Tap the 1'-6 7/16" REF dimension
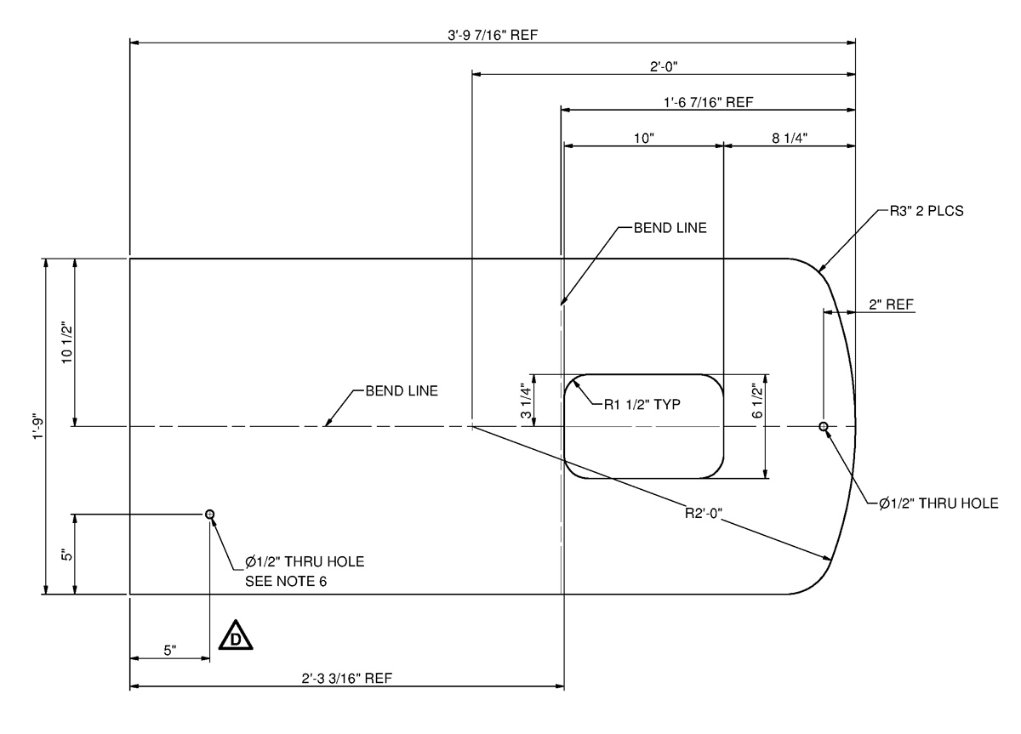tap(708, 102)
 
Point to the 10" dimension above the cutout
tap(643, 138)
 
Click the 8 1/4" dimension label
tap(790, 138)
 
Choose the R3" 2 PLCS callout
tap(922, 212)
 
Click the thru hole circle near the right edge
tap(823, 425)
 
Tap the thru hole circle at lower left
tap(209, 514)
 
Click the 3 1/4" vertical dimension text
tap(527, 401)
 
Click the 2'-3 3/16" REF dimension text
tap(346, 678)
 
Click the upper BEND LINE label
tap(670, 228)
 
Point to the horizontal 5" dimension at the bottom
tap(170, 651)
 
